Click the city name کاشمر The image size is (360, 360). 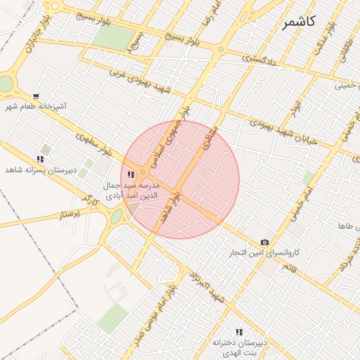pyautogui.click(x=298, y=22)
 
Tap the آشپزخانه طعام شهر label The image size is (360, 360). pyautogui.click(x=36, y=107)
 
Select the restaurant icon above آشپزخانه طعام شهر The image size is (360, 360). pyautogui.click(x=36, y=96)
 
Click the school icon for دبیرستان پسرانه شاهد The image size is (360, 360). pyautogui.click(x=40, y=160)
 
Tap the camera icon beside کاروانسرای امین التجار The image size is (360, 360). pyautogui.click(x=264, y=242)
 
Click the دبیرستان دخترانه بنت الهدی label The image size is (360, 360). pyautogui.click(x=239, y=347)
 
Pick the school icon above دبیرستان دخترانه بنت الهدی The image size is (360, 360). pyautogui.click(x=239, y=331)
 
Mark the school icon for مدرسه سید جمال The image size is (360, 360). pyautogui.click(x=131, y=174)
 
